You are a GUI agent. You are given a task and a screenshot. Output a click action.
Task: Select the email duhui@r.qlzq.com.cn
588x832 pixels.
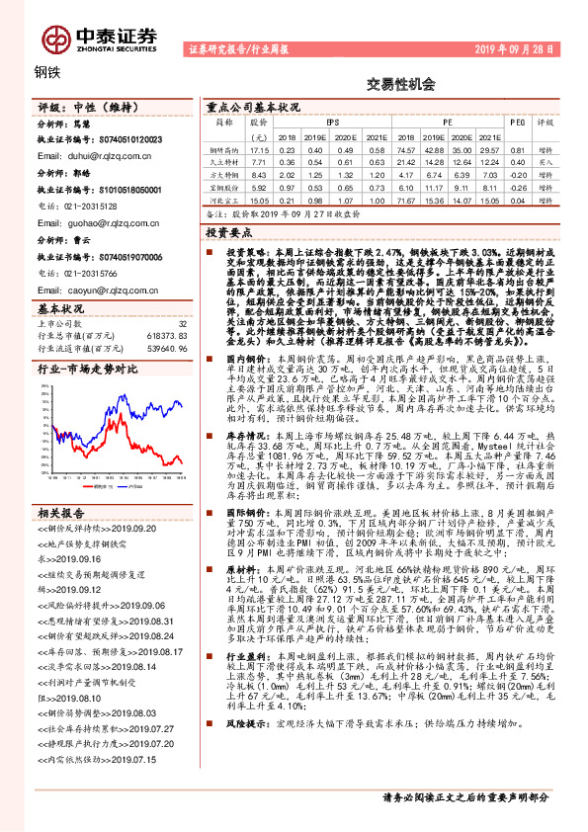[87, 156]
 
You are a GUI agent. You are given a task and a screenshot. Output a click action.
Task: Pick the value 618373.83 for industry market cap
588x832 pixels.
[165, 336]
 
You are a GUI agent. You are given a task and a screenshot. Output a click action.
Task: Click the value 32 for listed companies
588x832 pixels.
[181, 323]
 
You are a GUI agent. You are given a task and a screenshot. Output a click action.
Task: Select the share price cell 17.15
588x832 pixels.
[259, 148]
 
